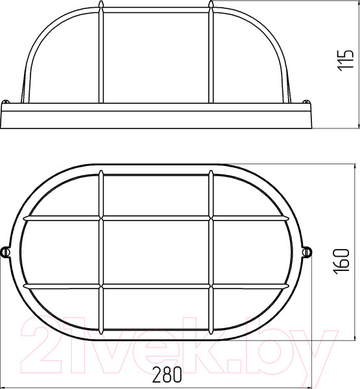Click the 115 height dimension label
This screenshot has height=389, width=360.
point(345,60)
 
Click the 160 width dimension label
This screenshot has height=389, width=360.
point(341,261)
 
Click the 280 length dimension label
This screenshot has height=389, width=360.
point(167,375)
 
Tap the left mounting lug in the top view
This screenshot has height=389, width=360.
point(5,252)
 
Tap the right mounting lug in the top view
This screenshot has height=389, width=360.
point(307,252)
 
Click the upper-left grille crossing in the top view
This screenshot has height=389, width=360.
point(101,218)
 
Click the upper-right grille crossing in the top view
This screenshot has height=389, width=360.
point(211,218)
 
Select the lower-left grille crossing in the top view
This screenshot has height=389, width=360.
point(101,286)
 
